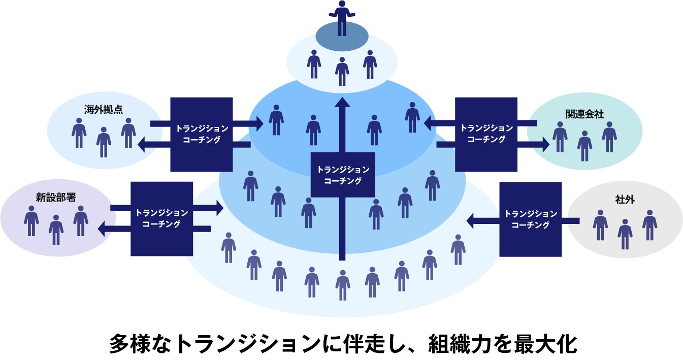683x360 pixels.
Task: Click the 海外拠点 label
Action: [104, 109]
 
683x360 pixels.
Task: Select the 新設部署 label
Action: [56, 197]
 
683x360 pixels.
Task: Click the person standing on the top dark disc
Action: [342, 18]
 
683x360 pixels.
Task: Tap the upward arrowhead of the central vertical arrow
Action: [342, 103]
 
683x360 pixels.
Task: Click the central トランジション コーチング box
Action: [342, 175]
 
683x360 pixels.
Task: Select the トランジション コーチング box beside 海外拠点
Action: [201, 134]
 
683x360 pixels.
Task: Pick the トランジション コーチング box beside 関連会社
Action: [486, 134]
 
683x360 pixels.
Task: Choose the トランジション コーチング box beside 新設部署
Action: [161, 218]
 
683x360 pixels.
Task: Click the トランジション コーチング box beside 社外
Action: [530, 219]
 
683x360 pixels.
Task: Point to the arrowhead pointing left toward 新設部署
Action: [103, 228]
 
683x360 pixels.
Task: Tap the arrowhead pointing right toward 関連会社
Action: [545, 145]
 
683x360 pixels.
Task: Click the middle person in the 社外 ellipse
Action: [625, 234]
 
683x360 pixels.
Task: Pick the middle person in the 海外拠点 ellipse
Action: [104, 142]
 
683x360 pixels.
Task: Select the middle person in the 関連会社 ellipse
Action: [584, 146]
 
